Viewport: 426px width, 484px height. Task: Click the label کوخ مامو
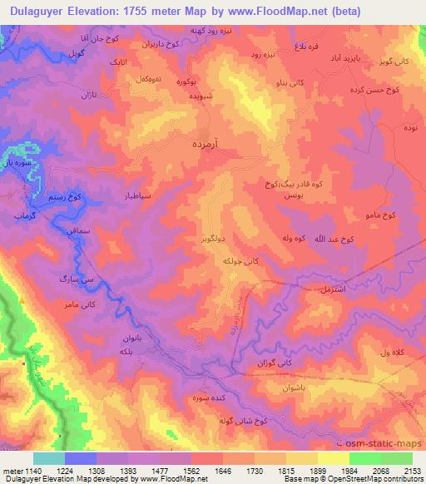(x=379, y=215)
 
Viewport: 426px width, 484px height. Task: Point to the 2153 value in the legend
(x=413, y=472)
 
